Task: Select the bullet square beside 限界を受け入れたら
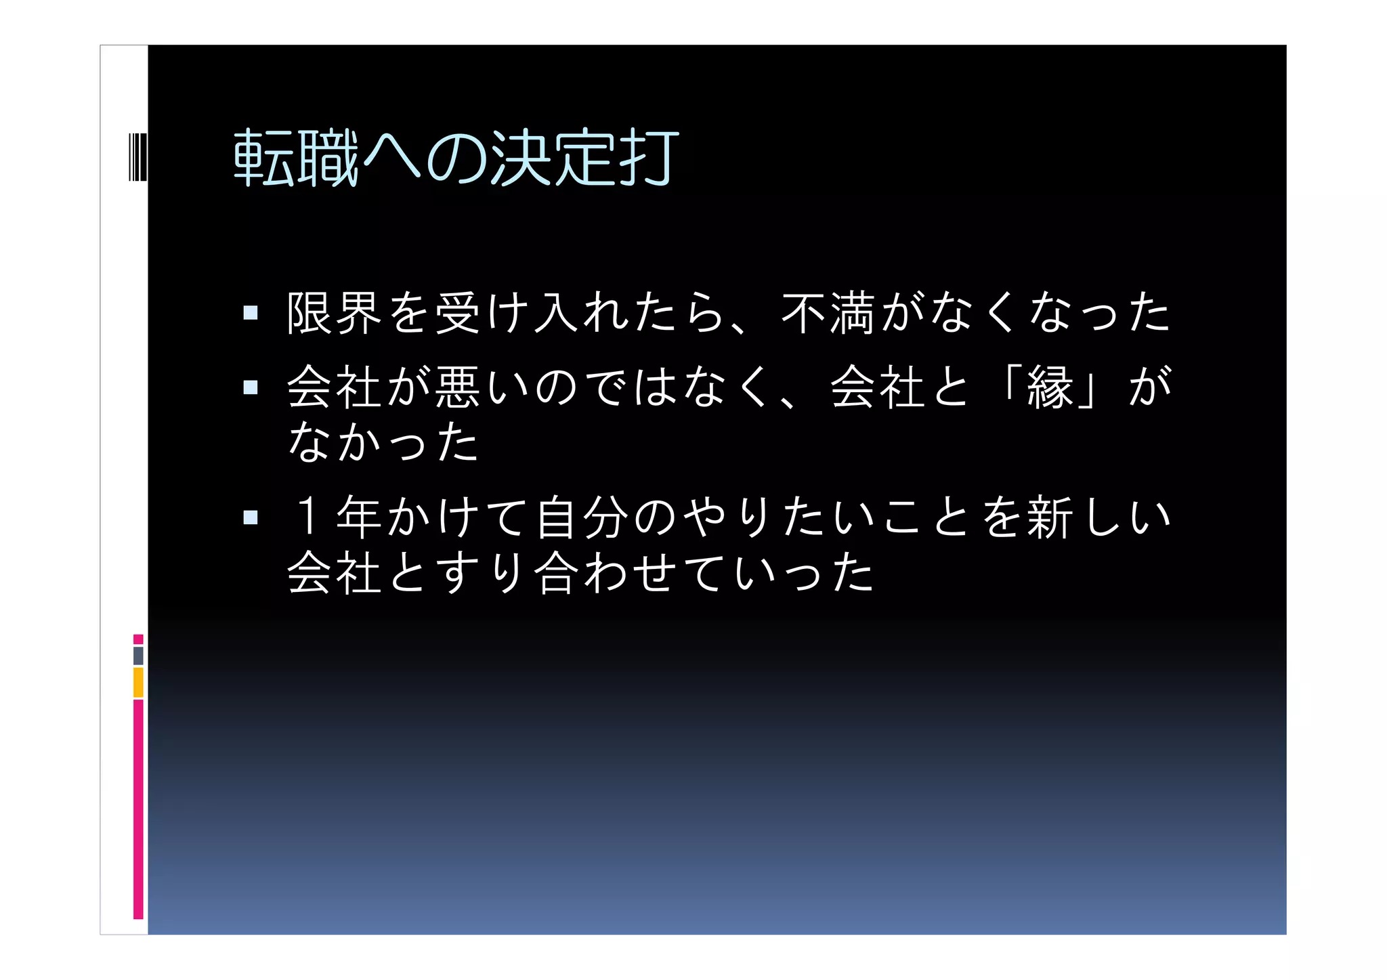pyautogui.click(x=251, y=313)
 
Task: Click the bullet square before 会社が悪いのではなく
pyautogui.click(x=251, y=387)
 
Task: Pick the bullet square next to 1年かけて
pyautogui.click(x=251, y=517)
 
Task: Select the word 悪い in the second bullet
pyautogui.click(x=481, y=387)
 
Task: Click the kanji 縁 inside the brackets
pyautogui.click(x=1050, y=387)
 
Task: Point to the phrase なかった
pyautogui.click(x=383, y=442)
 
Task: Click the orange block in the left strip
pyautogui.click(x=138, y=682)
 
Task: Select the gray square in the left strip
pyautogui.click(x=138, y=656)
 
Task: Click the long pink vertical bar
pyautogui.click(x=138, y=809)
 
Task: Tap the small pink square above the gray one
pyautogui.click(x=138, y=639)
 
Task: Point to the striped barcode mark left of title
pyautogui.click(x=137, y=158)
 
